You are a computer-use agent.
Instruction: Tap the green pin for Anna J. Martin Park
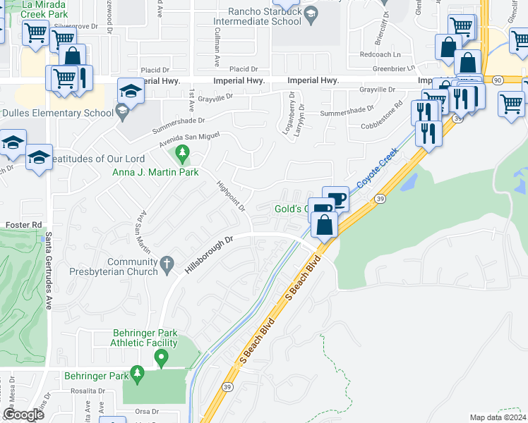183,152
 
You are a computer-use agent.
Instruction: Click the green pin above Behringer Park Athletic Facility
161,359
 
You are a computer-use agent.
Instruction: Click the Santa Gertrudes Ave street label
49,274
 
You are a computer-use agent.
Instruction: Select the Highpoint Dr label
230,195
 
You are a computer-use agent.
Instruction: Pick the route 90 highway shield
498,80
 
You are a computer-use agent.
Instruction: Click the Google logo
23,415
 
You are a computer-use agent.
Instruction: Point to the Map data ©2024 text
498,417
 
